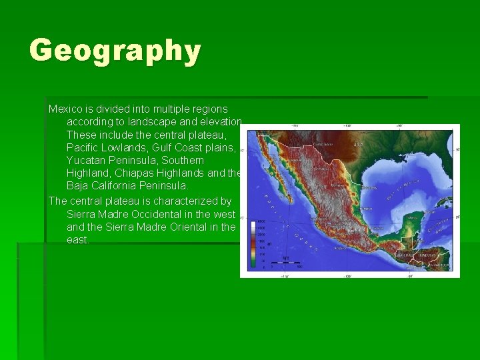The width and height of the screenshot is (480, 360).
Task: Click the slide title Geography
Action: point(115,51)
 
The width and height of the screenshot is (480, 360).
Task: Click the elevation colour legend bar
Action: point(254,243)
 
